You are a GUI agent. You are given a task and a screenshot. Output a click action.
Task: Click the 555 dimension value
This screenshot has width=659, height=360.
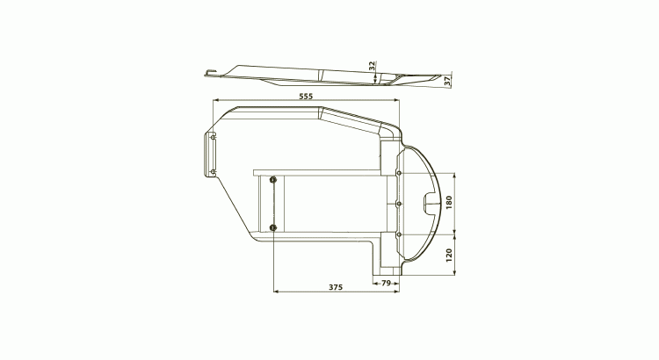(x=306, y=97)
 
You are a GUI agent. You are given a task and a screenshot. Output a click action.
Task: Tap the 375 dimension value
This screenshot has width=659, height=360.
(x=336, y=287)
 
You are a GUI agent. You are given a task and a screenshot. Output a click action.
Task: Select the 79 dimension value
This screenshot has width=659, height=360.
(x=386, y=283)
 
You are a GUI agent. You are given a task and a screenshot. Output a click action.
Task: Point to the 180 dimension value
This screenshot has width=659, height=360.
(x=449, y=203)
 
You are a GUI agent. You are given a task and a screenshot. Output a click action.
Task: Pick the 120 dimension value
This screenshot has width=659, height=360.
(x=449, y=256)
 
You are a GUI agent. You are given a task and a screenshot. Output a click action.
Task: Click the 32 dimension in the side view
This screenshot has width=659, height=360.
(x=372, y=66)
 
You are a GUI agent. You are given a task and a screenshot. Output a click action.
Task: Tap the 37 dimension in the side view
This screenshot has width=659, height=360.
(x=447, y=81)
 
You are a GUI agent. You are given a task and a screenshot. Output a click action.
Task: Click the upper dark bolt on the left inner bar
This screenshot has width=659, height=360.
(x=273, y=180)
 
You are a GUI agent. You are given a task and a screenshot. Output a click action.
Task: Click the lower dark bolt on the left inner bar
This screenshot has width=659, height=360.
(x=273, y=227)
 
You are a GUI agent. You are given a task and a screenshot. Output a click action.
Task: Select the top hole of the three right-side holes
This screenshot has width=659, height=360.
(x=398, y=173)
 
